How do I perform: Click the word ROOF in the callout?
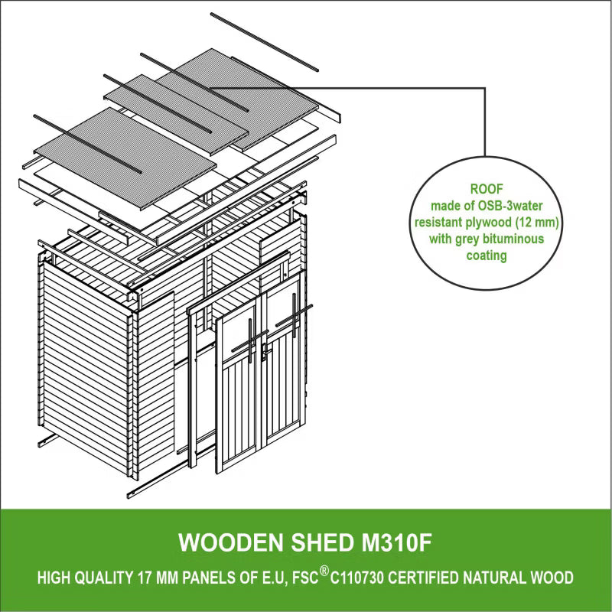[487, 189]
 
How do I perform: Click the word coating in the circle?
[487, 256]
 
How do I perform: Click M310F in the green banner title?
[396, 542]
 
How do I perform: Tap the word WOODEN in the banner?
[231, 542]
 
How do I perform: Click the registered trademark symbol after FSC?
[324, 571]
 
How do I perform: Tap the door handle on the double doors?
[264, 352]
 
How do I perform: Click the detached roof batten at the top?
[264, 42]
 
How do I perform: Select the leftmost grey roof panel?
[125, 158]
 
